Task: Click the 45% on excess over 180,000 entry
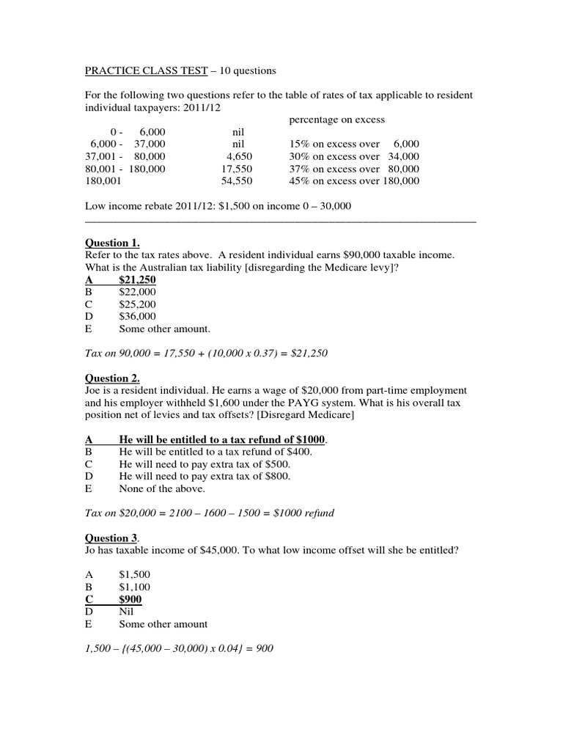click(x=354, y=181)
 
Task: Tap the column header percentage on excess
click(x=333, y=120)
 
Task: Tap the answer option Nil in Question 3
click(x=127, y=611)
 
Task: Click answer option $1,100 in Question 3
click(x=134, y=587)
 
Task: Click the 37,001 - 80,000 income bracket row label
click(x=126, y=156)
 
